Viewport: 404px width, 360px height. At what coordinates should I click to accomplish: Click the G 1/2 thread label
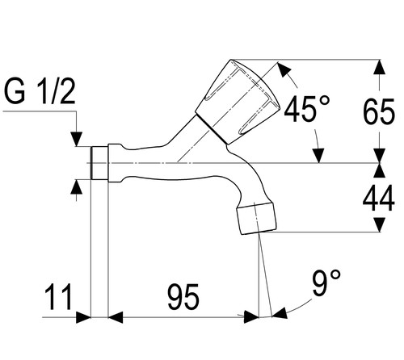40,92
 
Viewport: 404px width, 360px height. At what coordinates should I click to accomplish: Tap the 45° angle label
307,109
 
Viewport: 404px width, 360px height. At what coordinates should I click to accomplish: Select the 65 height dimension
379,111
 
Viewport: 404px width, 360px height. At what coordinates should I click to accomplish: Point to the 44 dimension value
379,199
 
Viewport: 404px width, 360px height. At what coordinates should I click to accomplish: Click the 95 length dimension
183,296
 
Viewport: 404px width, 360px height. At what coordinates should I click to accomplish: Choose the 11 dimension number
58,296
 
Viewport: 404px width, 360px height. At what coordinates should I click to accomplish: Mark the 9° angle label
326,283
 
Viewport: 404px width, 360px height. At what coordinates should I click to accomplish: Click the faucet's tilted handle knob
238,102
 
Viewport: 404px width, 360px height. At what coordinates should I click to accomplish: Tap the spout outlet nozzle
256,218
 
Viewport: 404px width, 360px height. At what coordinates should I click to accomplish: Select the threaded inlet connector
99,163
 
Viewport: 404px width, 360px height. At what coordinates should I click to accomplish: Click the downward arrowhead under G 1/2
77,139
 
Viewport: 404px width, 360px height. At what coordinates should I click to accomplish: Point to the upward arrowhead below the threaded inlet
77,186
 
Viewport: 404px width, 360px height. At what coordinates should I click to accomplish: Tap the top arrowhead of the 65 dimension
380,67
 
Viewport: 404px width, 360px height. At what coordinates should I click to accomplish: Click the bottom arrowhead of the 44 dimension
380,224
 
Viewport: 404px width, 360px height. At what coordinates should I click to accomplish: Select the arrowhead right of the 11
83,317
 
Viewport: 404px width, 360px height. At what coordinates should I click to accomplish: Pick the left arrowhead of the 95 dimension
116,317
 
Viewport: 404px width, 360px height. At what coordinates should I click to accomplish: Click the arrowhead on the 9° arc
280,314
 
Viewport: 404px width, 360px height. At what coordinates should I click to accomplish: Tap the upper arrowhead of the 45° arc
284,69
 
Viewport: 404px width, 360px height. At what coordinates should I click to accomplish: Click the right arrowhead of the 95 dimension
251,317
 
